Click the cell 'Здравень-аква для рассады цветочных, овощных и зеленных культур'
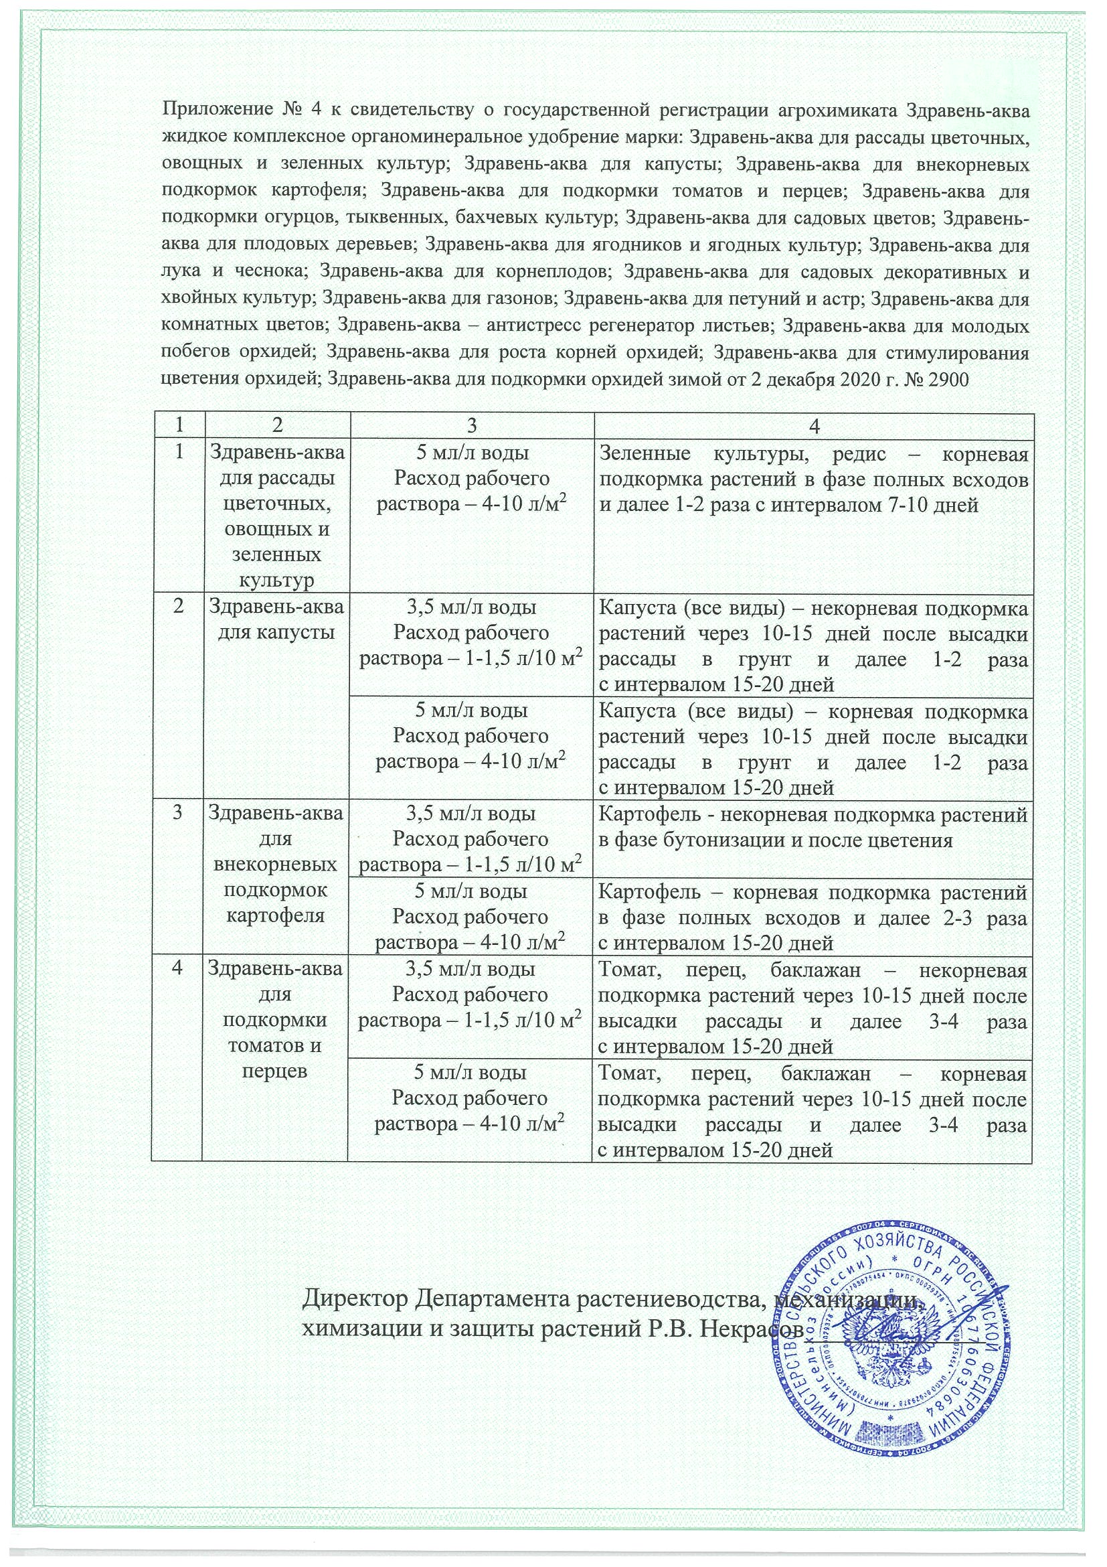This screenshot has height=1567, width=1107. click(276, 516)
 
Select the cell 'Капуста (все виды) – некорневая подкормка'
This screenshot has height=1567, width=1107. click(813, 645)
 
